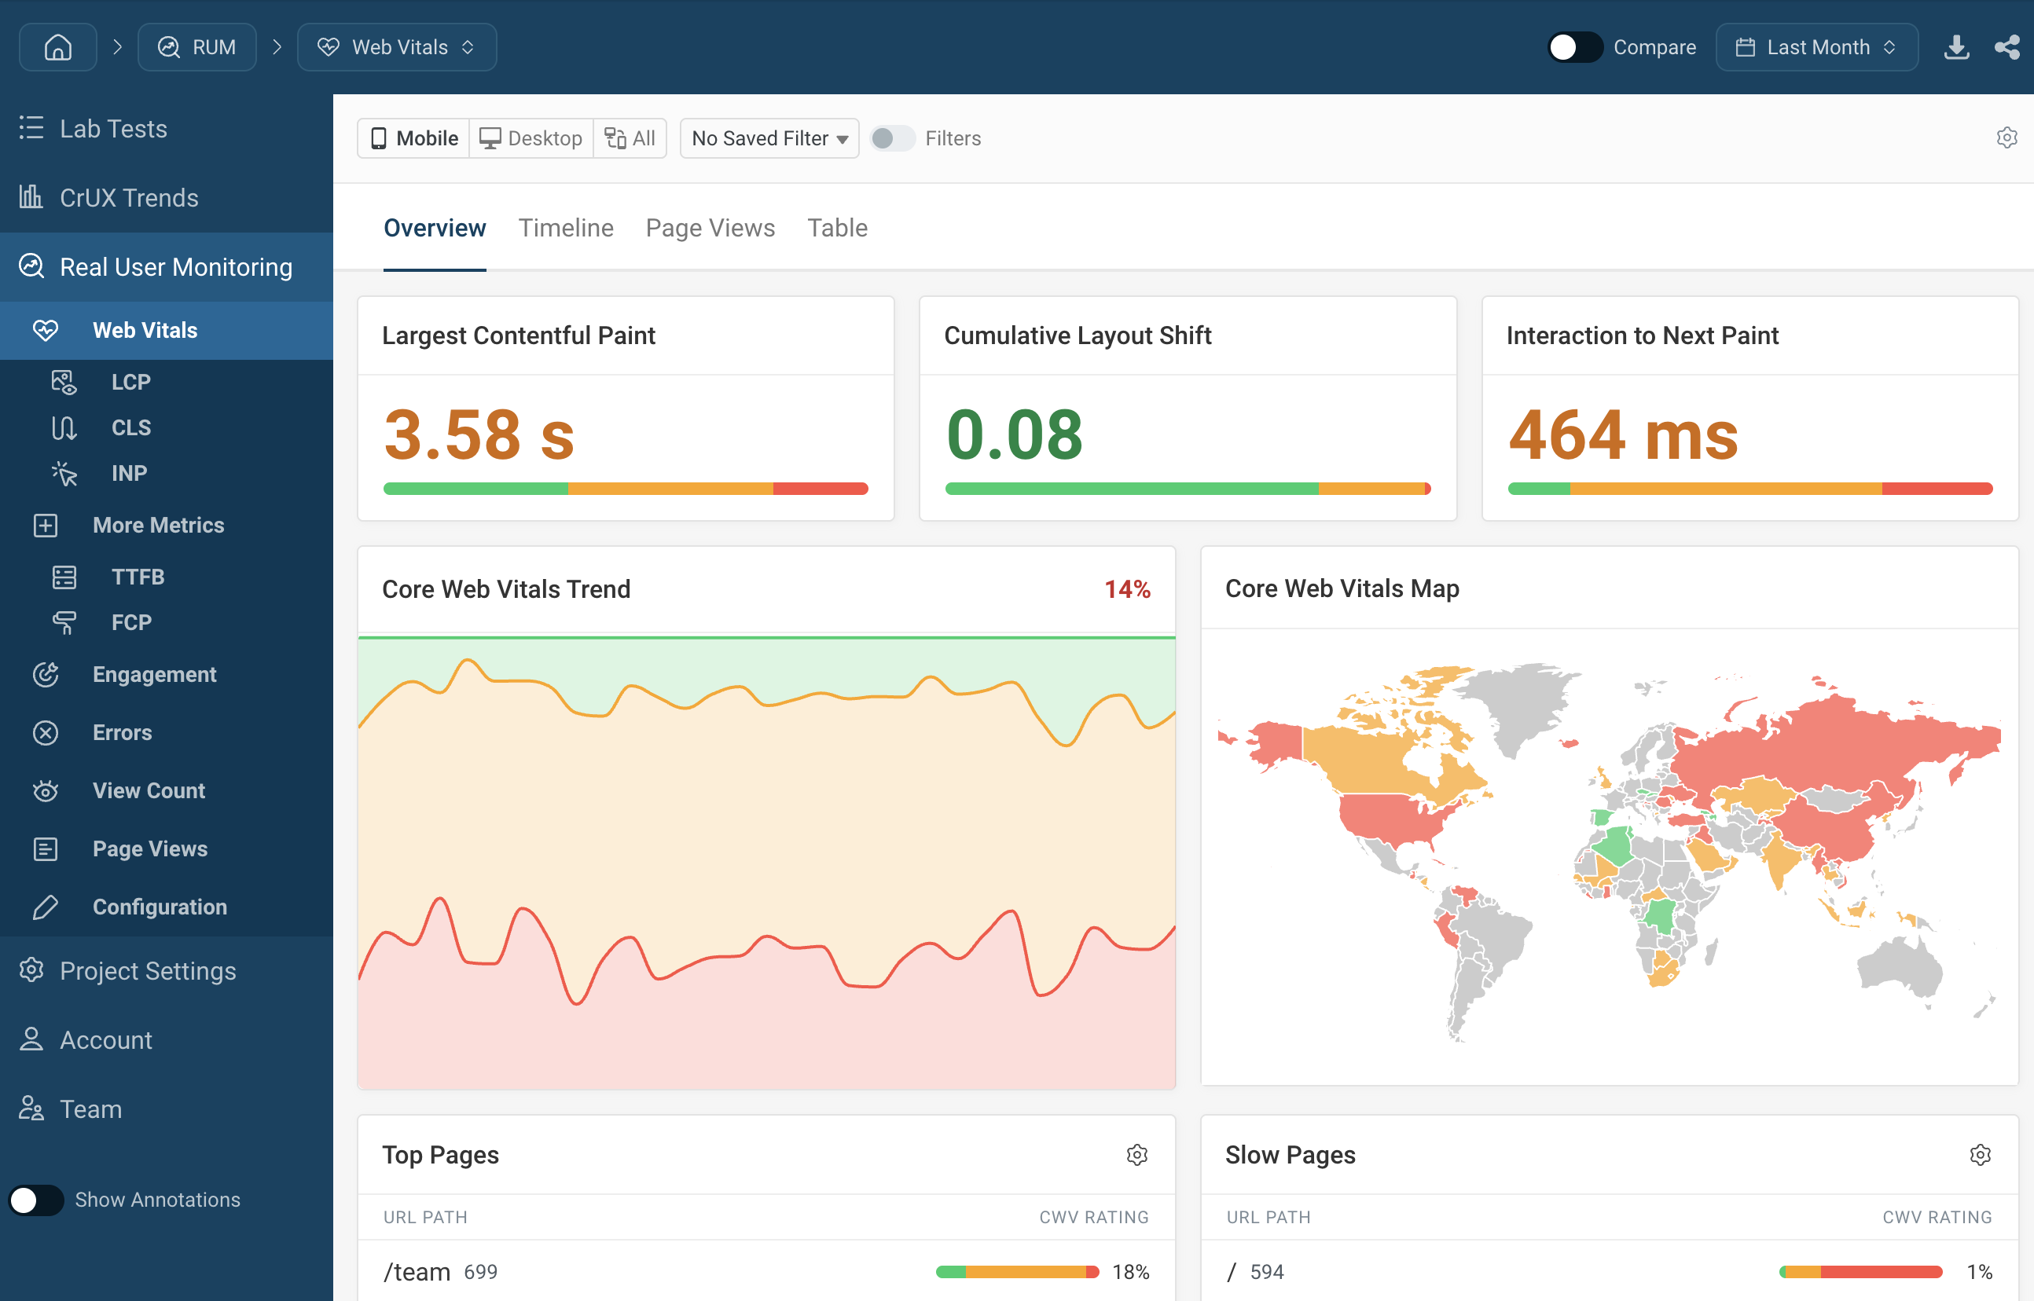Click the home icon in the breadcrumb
57,47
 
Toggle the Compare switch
1574,47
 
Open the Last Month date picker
1816,47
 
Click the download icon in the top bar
1956,47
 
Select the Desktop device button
531,137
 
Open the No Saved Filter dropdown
769,137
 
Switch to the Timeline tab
565,228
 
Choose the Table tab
836,228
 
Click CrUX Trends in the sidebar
128,198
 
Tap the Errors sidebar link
122,732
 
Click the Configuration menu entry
160,907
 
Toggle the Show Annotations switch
36,1200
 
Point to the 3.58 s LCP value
479,435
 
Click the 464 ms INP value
1623,435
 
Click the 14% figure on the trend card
1127,589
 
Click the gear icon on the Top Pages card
1136,1155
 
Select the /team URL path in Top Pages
417,1271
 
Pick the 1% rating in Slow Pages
1979,1271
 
